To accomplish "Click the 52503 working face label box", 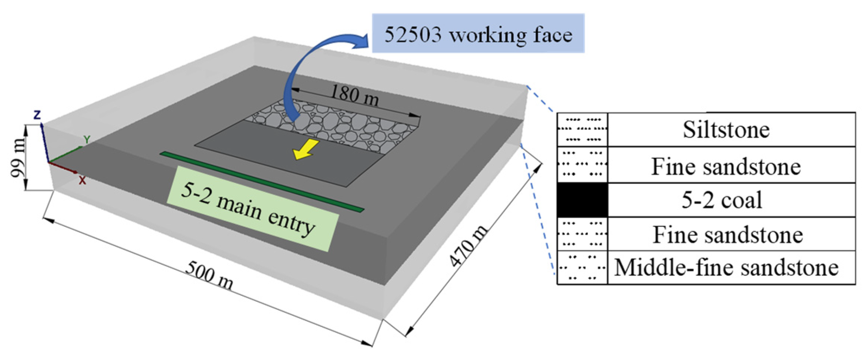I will pyautogui.click(x=478, y=33).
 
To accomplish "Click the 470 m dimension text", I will pyautogui.click(x=469, y=247).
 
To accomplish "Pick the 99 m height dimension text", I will pyautogui.click(x=18, y=158).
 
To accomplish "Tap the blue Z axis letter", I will pyautogui.click(x=37, y=115).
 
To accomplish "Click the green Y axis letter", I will pyautogui.click(x=87, y=139).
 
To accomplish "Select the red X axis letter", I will pyautogui.click(x=82, y=181).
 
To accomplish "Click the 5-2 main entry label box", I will pyautogui.click(x=252, y=208).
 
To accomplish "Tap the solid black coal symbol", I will pyautogui.click(x=582, y=200).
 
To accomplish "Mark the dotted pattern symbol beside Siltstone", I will pyautogui.click(x=582, y=130).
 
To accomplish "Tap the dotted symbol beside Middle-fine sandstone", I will pyautogui.click(x=582, y=267).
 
